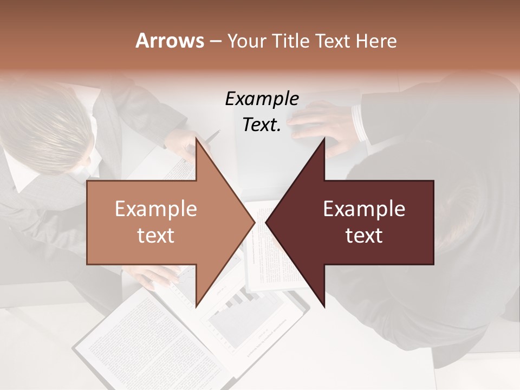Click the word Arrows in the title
tap(170, 41)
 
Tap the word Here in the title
tap(376, 41)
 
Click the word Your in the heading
tap(246, 41)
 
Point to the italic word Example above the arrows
tap(262, 99)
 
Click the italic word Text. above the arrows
tap(262, 125)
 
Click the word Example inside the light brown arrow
tap(155, 209)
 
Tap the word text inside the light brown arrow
tap(155, 235)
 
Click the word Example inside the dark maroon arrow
tap(364, 209)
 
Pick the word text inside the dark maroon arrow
tap(364, 235)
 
